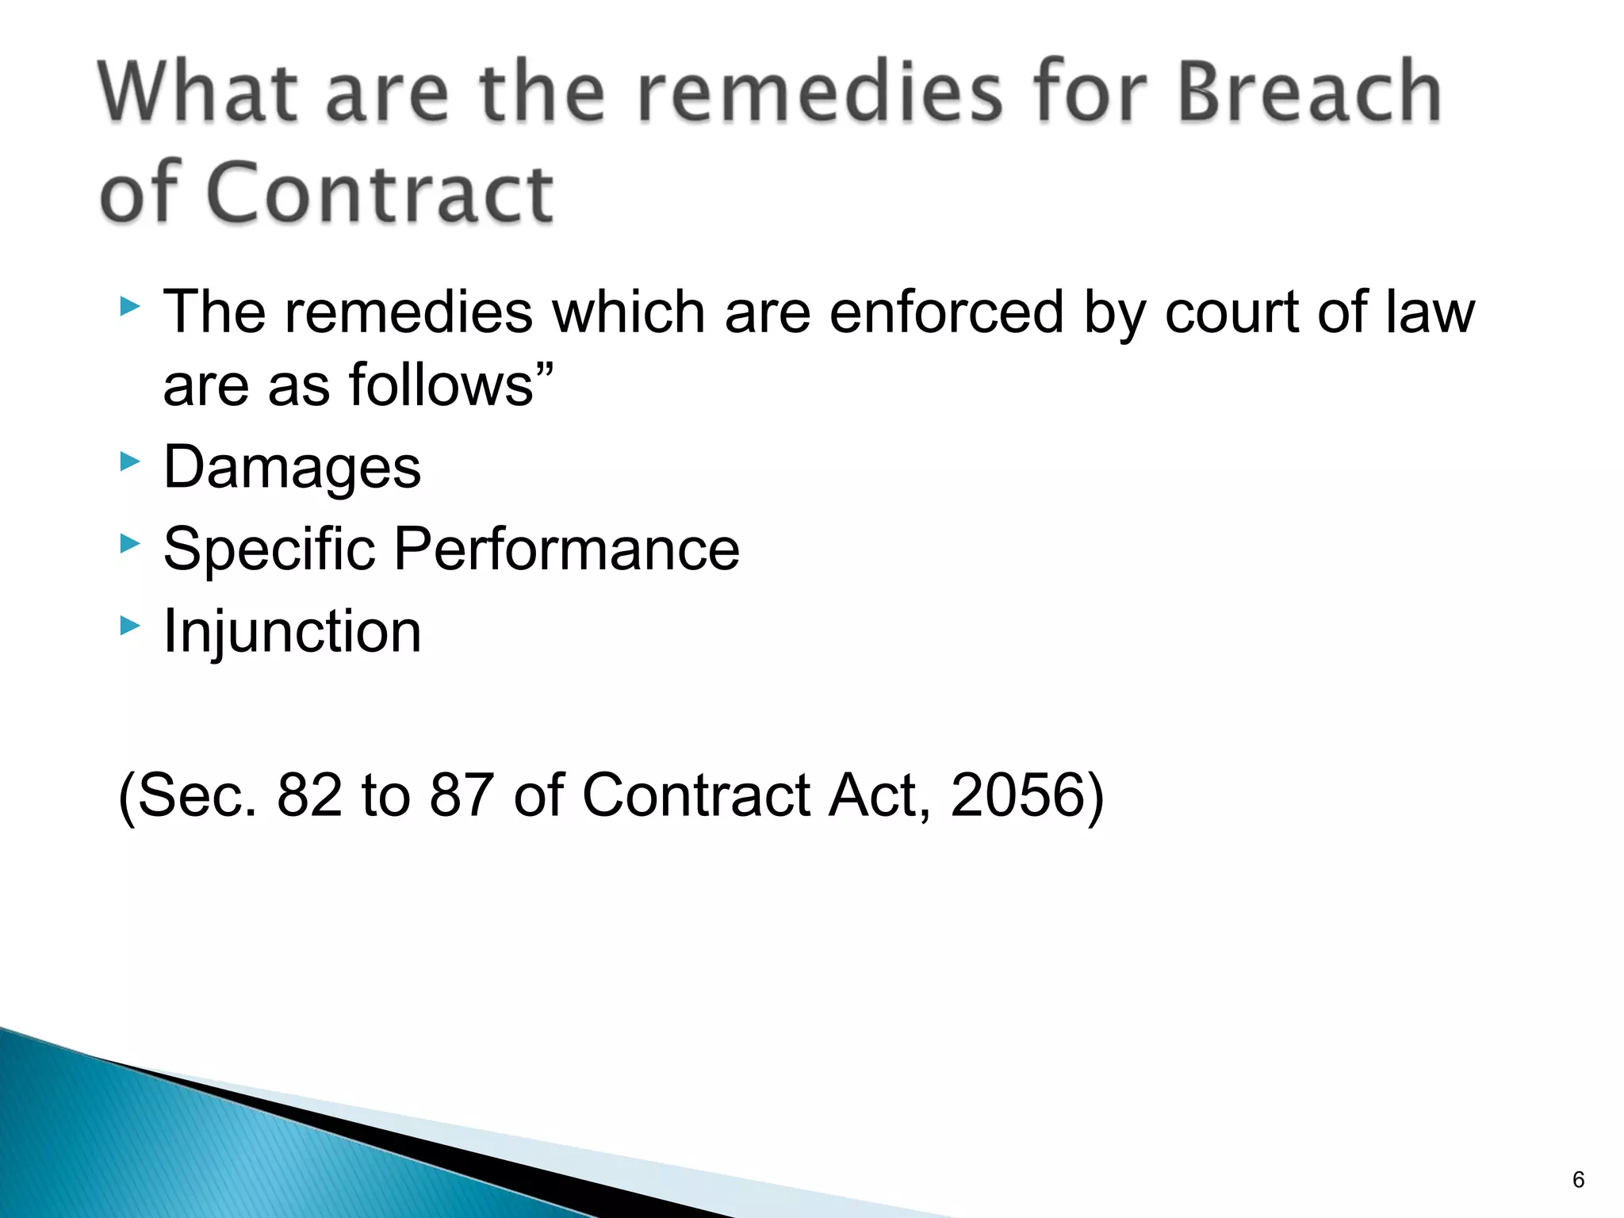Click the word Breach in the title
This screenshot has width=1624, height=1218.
click(1308, 94)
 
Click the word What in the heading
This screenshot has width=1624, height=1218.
click(198, 94)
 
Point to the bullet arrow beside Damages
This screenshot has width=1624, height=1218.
click(130, 462)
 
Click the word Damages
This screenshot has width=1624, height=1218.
click(292, 468)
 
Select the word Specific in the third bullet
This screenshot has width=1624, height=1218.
click(269, 550)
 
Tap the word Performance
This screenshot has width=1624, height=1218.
click(566, 550)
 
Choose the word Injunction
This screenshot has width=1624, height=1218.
click(292, 632)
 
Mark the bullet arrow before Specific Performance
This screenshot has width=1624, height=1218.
click(130, 544)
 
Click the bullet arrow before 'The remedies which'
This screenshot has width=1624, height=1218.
click(130, 306)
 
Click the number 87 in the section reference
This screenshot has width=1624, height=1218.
click(462, 795)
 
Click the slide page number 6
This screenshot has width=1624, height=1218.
click(1578, 1180)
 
